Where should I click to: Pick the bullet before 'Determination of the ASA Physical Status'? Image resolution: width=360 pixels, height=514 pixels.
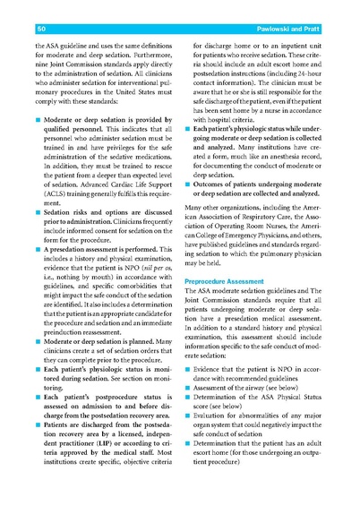coord(187,414)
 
